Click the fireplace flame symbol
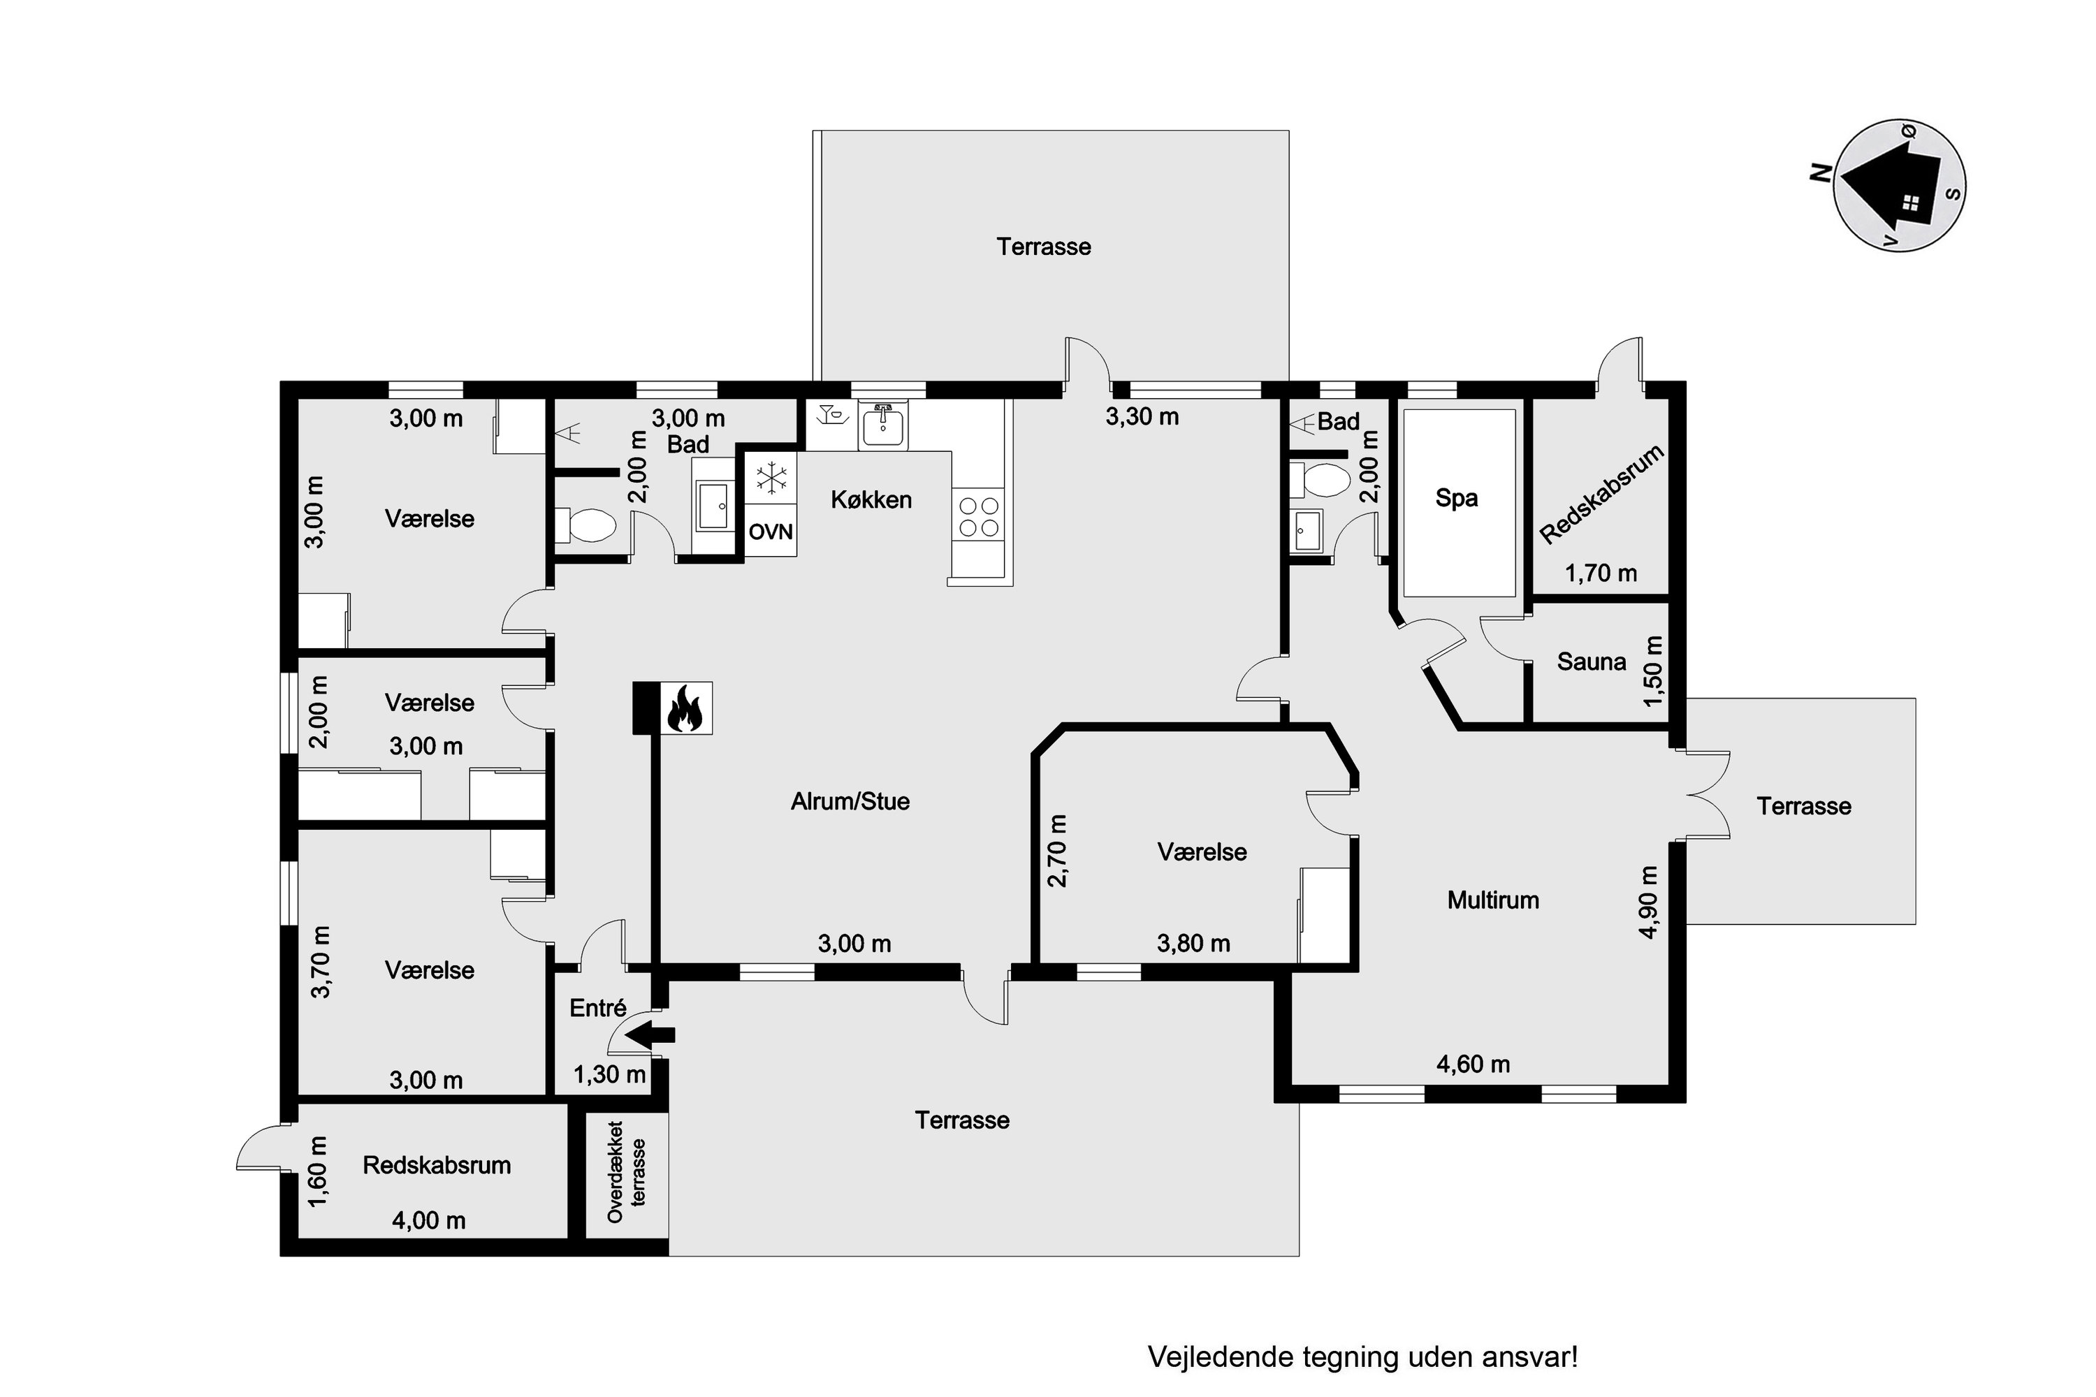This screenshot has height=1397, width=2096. click(x=685, y=708)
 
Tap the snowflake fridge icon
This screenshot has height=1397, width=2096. click(x=771, y=478)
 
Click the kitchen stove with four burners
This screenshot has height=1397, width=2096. click(x=977, y=516)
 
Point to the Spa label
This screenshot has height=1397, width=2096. click(x=1456, y=497)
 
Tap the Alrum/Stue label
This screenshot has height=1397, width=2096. click(x=850, y=801)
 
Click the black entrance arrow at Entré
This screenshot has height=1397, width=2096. click(x=650, y=1035)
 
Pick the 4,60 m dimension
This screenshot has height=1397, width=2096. click(x=1473, y=1064)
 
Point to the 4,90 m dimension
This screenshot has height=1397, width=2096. click(x=1649, y=902)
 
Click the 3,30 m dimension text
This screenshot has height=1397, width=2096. click(x=1142, y=416)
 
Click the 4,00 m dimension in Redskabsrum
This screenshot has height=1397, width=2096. click(x=429, y=1220)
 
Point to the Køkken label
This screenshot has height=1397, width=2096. click(x=871, y=500)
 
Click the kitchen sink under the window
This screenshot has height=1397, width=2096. click(x=883, y=424)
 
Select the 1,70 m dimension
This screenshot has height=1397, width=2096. click(x=1601, y=573)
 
